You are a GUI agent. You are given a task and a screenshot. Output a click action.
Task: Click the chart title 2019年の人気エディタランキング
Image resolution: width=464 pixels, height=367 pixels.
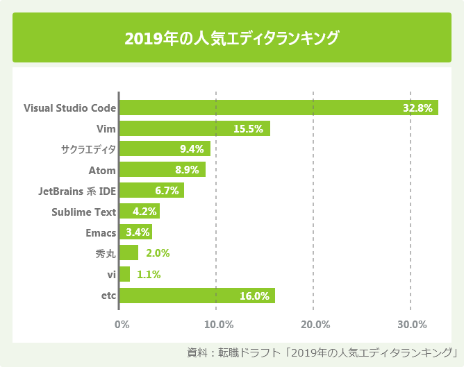[x=232, y=37]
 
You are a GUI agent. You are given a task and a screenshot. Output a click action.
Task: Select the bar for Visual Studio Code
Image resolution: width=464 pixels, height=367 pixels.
[x=279, y=108]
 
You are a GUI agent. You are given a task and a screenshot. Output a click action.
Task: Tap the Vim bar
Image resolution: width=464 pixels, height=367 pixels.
[x=194, y=128]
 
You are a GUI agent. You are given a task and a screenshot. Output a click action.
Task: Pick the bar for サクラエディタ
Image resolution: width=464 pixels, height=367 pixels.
[x=165, y=149]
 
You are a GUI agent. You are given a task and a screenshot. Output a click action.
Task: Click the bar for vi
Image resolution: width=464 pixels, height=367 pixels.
[x=125, y=274]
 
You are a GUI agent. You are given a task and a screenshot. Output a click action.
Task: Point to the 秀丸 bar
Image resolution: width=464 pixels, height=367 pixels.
[x=129, y=253]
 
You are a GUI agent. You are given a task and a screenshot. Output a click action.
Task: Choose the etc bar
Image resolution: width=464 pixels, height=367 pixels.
[x=197, y=296]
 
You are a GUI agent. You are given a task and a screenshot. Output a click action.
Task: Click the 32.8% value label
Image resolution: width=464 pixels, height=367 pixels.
[x=418, y=108]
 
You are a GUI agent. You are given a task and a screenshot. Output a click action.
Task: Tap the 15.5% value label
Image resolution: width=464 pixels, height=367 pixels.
[x=248, y=129]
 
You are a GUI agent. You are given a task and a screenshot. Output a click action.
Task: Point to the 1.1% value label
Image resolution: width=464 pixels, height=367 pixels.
[x=149, y=275]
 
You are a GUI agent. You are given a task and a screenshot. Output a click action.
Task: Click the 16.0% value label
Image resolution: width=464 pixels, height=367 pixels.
[x=254, y=296]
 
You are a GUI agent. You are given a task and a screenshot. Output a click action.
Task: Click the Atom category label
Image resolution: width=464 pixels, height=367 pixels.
[x=102, y=170]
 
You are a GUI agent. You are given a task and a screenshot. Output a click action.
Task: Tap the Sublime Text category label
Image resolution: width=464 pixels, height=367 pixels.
[x=83, y=212]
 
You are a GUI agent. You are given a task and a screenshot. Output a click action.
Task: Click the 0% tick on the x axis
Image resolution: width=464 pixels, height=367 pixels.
[x=122, y=324]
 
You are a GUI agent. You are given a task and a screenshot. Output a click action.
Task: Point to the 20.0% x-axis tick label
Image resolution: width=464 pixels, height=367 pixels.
[x=315, y=324]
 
